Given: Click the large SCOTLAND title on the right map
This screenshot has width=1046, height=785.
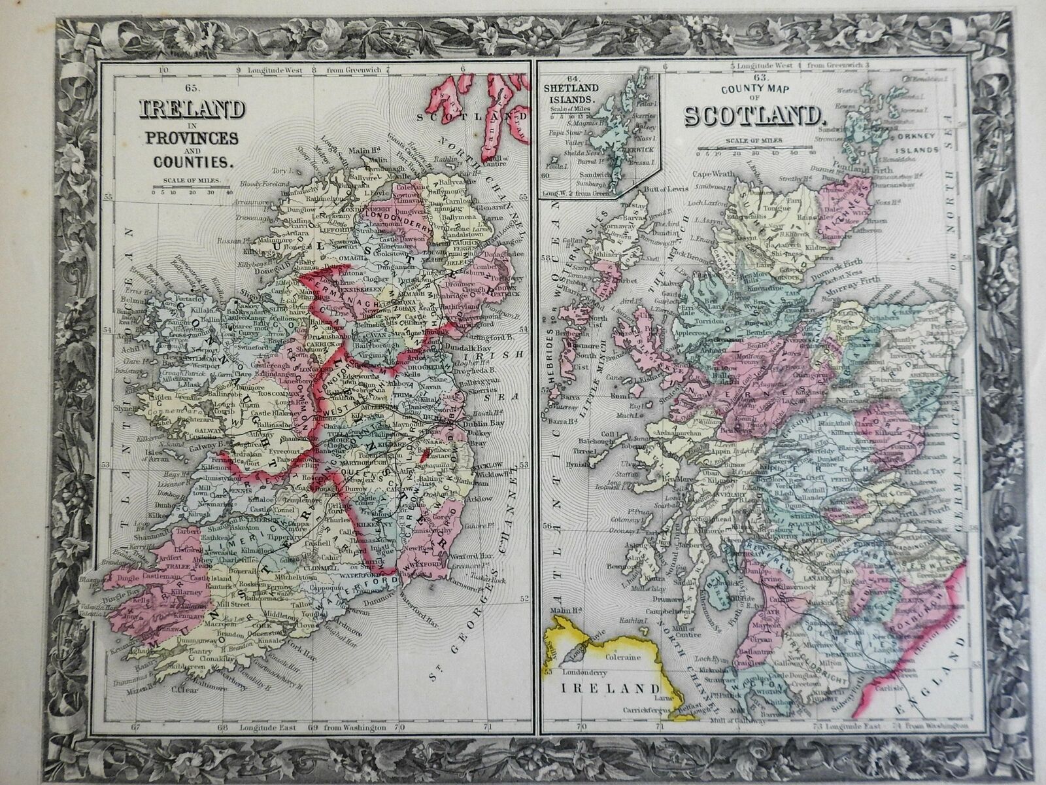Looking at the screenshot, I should [752, 115].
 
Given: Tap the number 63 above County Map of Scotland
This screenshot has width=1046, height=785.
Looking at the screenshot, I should [749, 78].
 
